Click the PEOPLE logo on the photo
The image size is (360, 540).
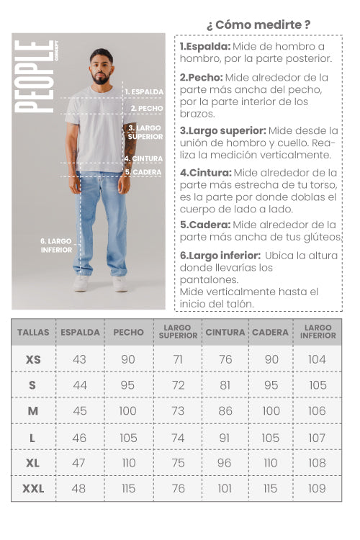coord(34,76)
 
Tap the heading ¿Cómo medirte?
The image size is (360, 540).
coord(258,24)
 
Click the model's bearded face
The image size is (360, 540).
coord(101,69)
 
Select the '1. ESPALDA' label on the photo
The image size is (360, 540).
coord(144,92)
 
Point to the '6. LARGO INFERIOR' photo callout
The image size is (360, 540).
coord(56,246)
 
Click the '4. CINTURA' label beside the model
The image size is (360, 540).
coord(143,158)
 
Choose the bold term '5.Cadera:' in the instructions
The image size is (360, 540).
coord(205,225)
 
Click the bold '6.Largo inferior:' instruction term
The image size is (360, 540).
coord(220,255)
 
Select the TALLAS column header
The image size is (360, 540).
coord(33,333)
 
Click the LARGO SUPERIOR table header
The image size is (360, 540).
coord(178,332)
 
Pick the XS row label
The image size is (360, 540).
coord(33,359)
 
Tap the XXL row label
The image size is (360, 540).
coord(33,489)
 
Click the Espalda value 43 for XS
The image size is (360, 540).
coord(79,359)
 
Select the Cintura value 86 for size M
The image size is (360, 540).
coord(225,411)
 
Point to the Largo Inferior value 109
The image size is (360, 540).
coord(317,489)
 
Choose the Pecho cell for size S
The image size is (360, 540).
coord(128,385)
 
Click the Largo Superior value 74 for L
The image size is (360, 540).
coord(178,437)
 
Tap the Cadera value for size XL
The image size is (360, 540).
coord(271,463)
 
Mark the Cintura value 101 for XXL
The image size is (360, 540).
coord(225,489)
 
